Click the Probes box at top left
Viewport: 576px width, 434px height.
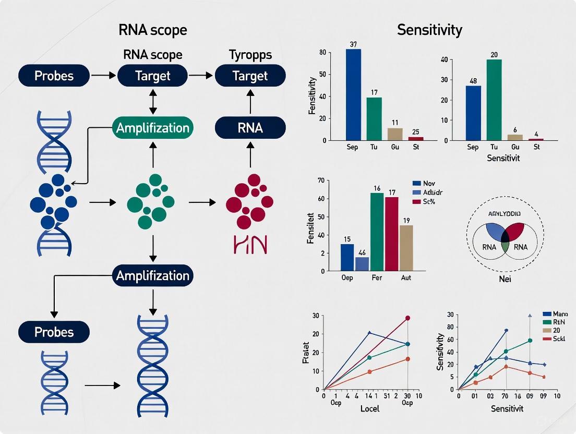54,76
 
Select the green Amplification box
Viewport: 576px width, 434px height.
152,128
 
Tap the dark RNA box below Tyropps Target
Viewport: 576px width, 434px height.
250,128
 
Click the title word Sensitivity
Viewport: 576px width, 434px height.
429,30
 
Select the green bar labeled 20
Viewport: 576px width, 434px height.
494,100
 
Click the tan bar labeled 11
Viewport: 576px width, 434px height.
395,134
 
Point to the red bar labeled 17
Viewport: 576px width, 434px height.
391,234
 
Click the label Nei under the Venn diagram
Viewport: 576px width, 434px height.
505,279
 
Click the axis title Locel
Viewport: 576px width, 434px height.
370,408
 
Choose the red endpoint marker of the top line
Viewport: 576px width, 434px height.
407,318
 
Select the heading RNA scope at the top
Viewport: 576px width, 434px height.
153,30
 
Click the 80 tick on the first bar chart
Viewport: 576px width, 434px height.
322,52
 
